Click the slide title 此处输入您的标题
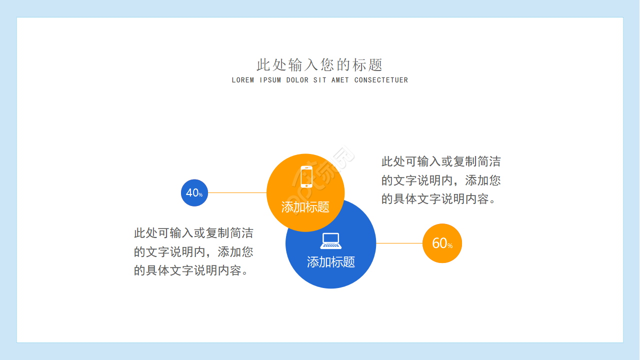click(319, 65)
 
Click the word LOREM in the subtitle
click(243, 80)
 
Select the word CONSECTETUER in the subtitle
click(381, 80)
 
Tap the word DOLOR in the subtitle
click(297, 80)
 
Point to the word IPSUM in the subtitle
click(270, 80)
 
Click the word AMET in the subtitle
click(340, 80)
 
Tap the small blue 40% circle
click(194, 192)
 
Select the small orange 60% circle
click(442, 243)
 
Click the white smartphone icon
click(306, 176)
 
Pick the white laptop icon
click(330, 240)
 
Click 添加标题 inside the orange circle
click(305, 207)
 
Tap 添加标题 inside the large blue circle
click(330, 262)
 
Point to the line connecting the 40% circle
click(237, 192)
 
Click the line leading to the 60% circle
click(399, 243)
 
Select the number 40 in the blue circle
click(192, 192)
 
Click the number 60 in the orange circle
click(439, 243)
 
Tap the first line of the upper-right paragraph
click(440, 161)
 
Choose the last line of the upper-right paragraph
click(439, 199)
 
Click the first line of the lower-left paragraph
click(193, 233)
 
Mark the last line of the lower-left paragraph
click(192, 270)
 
